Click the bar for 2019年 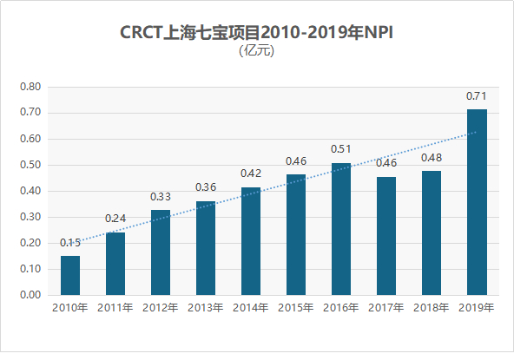(477, 202)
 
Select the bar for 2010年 (70, 275)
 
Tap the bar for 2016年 (341, 229)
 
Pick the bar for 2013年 (206, 248)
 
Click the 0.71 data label (477, 95)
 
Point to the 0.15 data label (70, 242)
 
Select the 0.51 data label (341, 148)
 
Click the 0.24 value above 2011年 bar (115, 219)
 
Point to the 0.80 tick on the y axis (30, 87)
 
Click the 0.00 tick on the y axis (30, 295)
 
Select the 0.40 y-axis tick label (30, 191)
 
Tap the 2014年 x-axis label (251, 308)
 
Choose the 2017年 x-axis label (386, 308)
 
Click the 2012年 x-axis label (161, 308)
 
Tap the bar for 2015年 (296, 235)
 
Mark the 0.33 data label (161, 196)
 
